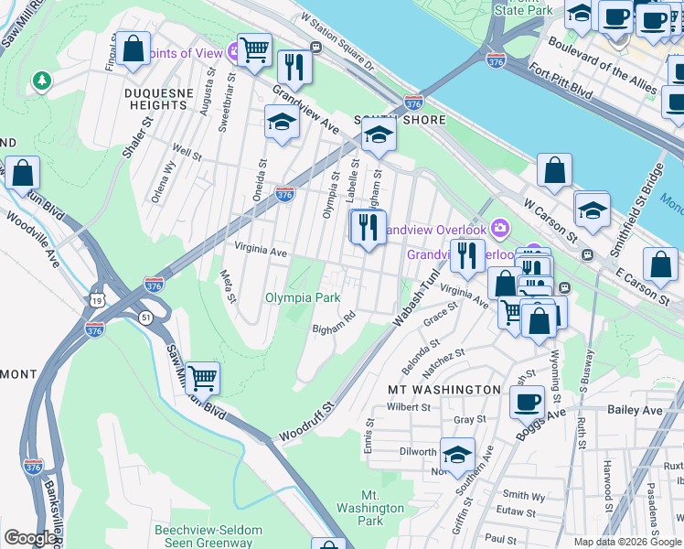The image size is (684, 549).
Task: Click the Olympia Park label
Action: tap(303, 297)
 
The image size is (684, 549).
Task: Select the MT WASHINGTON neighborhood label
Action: tap(444, 389)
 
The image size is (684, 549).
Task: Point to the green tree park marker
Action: tap(40, 82)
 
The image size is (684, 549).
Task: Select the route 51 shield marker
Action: tap(145, 316)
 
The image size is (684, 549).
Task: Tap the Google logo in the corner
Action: tap(30, 538)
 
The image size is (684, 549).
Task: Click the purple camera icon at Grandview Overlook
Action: tap(499, 227)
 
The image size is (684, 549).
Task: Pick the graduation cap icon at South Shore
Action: tap(377, 135)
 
